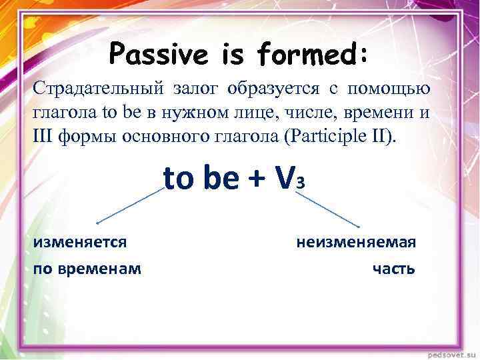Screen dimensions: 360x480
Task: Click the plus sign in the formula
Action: tap(257, 178)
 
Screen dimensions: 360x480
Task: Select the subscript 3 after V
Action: tap(301, 183)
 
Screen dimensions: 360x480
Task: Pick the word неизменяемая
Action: tap(356, 242)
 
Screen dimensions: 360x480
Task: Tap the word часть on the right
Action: tap(393, 268)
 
